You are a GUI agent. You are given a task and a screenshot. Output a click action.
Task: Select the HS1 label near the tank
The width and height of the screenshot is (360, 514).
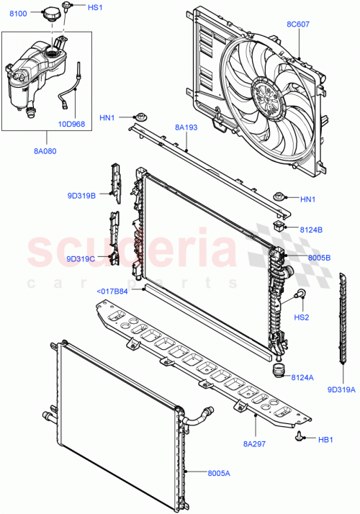click(x=95, y=7)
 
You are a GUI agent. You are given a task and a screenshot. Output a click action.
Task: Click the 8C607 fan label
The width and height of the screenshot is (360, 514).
click(x=298, y=25)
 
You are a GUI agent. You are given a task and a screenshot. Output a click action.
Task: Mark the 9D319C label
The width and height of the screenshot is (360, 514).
click(x=80, y=258)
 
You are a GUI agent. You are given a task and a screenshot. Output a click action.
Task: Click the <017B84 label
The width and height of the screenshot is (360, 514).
click(x=112, y=292)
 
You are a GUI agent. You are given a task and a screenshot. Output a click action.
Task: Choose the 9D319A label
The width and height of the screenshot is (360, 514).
click(x=341, y=390)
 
